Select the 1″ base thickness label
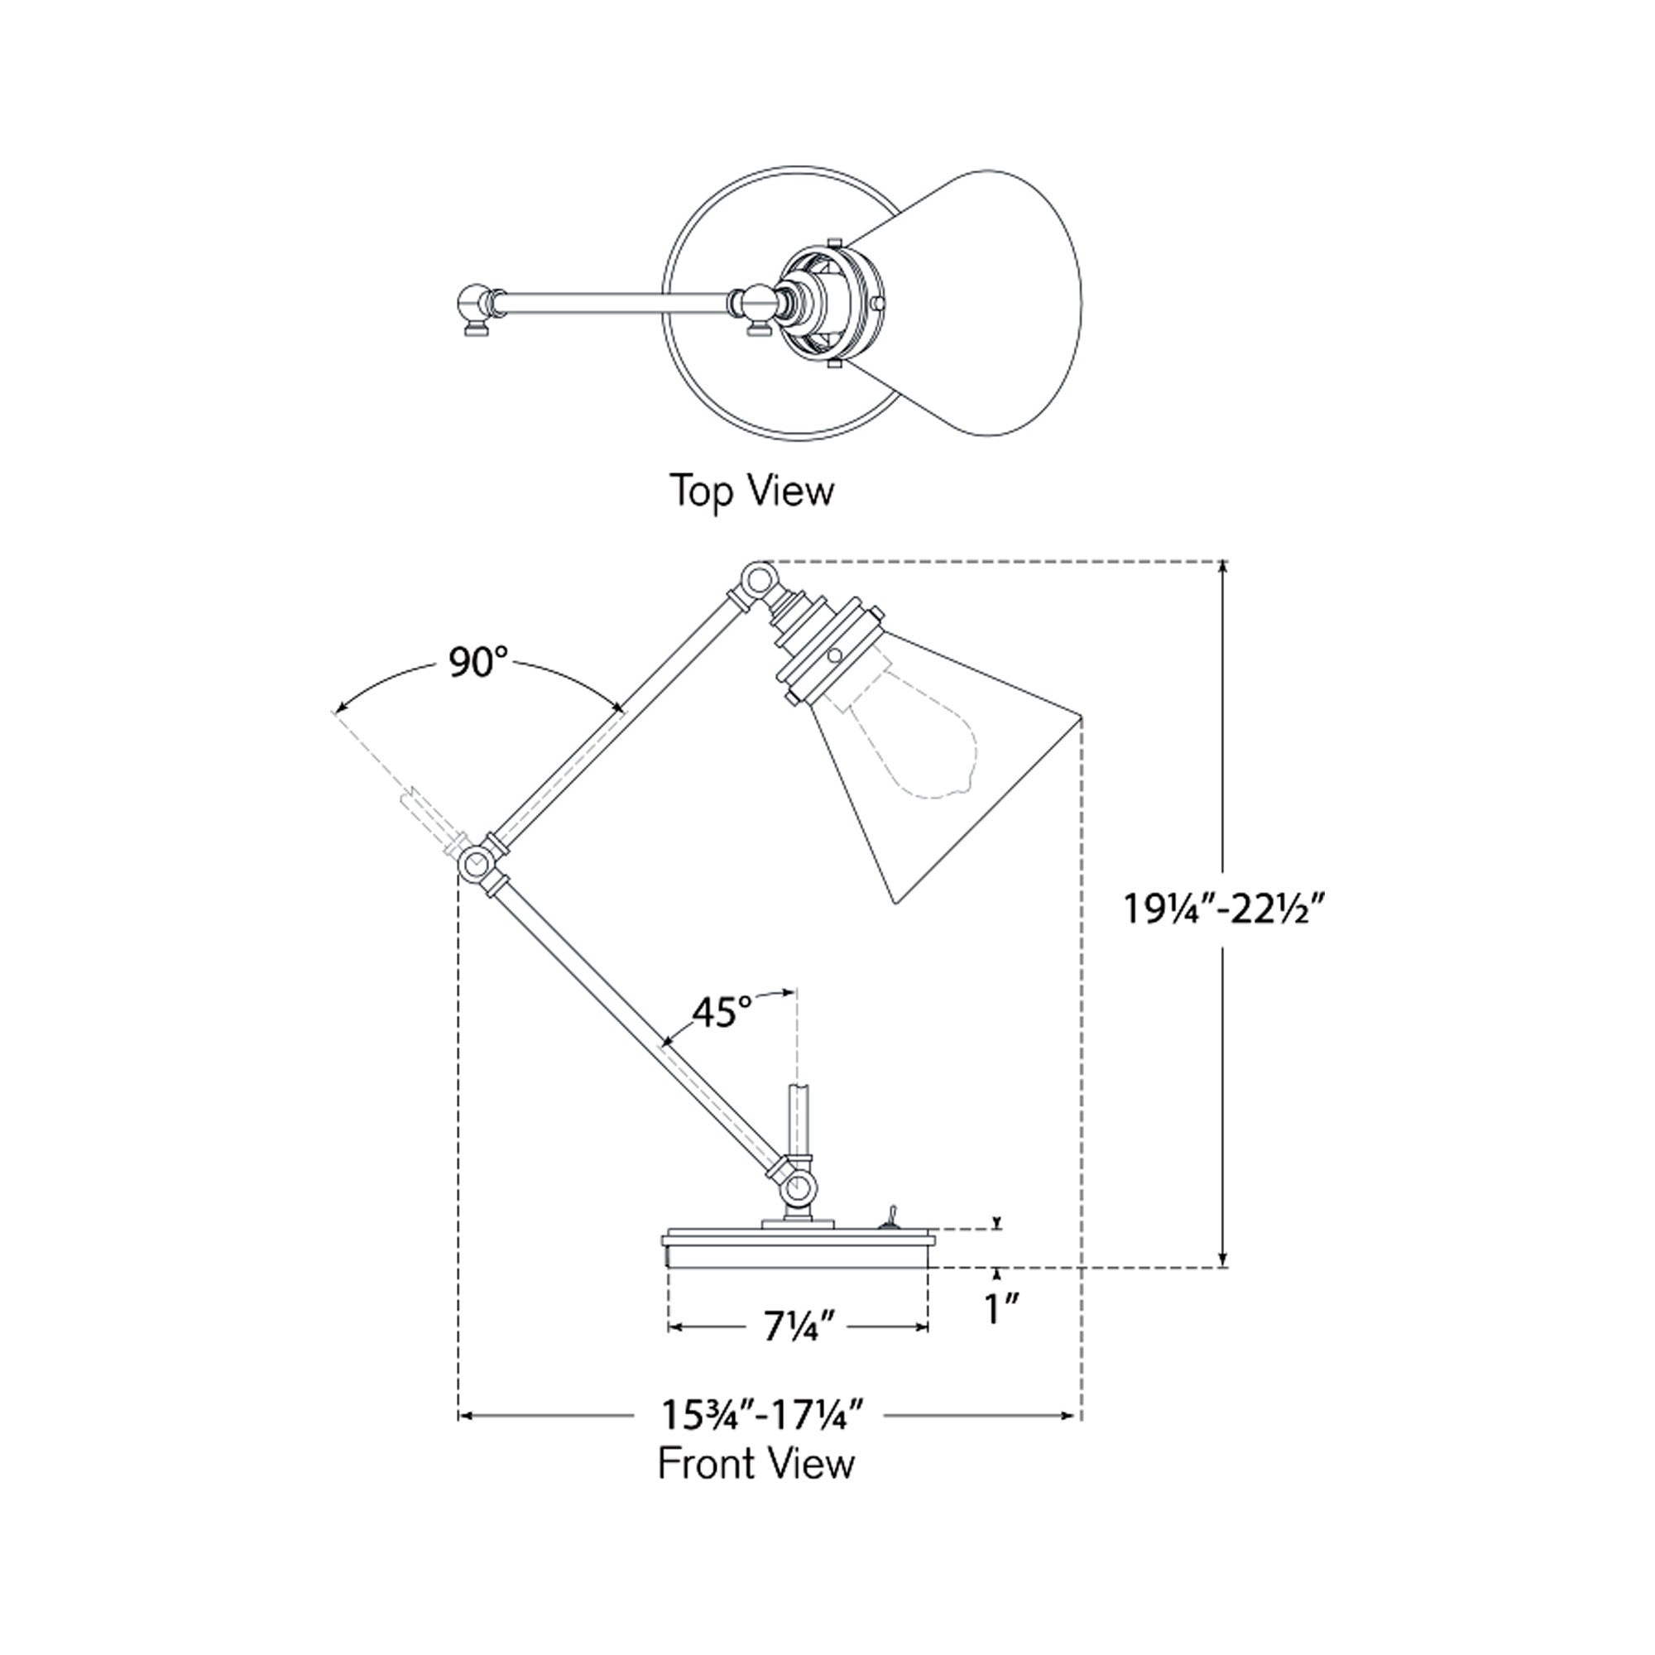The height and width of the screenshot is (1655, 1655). (999, 1309)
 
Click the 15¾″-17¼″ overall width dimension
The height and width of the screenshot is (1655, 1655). (760, 1415)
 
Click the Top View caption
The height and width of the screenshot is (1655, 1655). (751, 491)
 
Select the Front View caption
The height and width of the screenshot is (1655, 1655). (756, 1463)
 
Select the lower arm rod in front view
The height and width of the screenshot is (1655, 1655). (638, 1028)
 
